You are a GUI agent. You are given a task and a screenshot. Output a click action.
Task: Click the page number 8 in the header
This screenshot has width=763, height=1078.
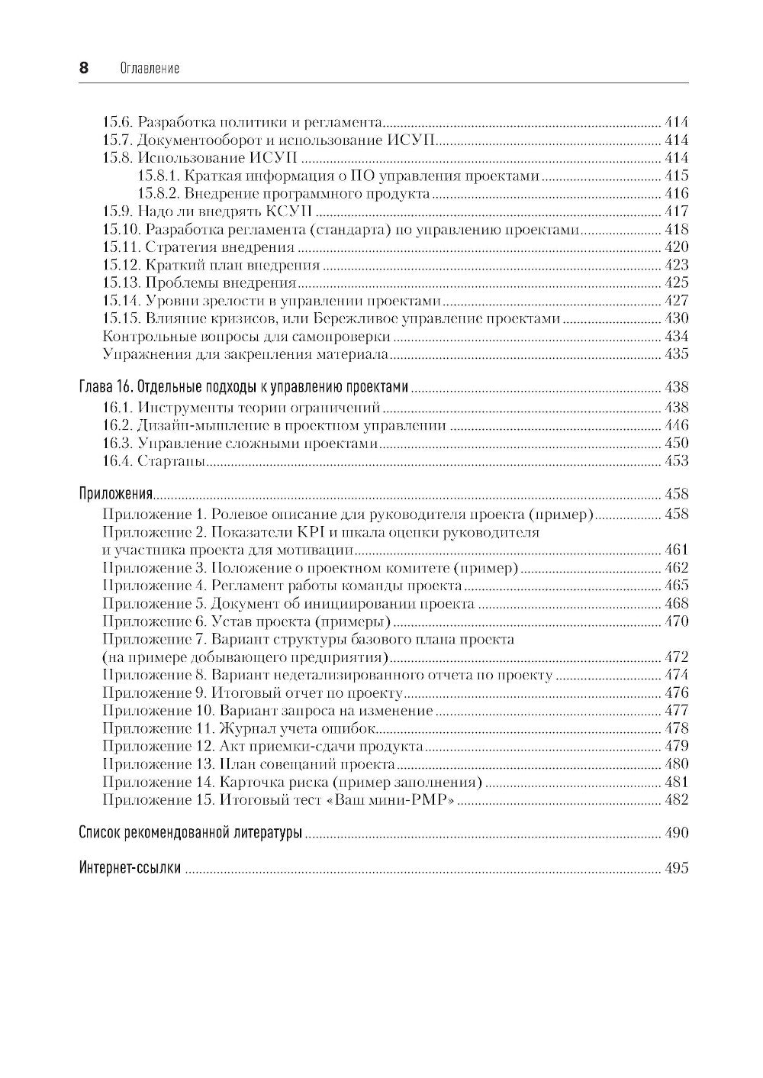coord(84,68)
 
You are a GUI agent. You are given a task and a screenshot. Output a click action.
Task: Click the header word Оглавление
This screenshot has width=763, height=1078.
coord(150,69)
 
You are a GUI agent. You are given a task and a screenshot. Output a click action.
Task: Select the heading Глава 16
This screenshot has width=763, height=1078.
coord(107,387)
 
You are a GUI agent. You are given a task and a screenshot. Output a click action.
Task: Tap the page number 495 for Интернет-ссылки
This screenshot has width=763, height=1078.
coord(676,868)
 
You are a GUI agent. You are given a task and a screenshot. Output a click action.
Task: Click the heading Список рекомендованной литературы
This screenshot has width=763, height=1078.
coord(191,833)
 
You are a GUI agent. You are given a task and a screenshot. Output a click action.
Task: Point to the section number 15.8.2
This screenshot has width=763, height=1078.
coord(158,194)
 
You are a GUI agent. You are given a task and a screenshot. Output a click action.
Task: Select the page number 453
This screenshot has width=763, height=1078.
coord(676,461)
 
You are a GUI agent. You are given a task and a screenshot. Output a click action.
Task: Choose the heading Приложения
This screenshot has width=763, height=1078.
coord(117,494)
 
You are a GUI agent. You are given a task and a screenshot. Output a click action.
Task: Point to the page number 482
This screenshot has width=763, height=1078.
coord(676,800)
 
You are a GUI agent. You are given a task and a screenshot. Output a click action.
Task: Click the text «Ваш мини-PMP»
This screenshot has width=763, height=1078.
coord(410,800)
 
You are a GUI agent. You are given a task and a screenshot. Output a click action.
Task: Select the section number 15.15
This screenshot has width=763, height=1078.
coord(121,318)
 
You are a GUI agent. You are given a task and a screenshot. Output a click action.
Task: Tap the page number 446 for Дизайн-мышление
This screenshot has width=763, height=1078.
coord(676,425)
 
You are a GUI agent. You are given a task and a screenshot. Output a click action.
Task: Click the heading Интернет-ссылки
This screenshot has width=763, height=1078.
coord(130,868)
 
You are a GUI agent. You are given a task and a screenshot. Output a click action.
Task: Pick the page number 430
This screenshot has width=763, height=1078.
coord(676,318)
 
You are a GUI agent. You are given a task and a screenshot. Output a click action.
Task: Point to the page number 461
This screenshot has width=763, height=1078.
coord(676,550)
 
